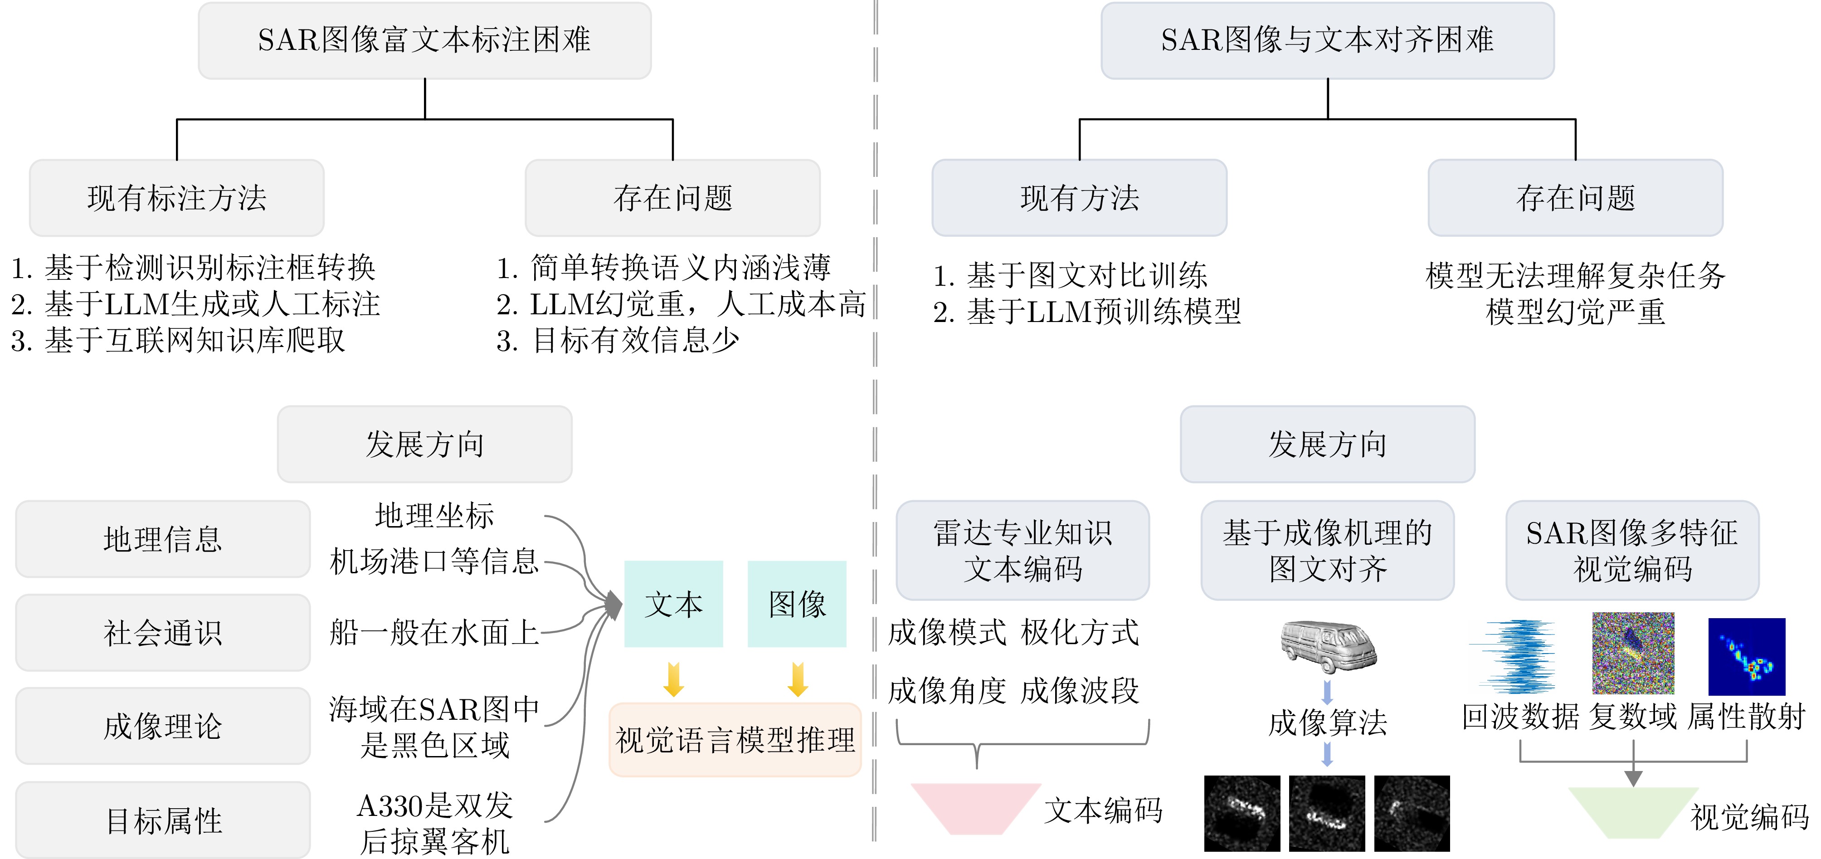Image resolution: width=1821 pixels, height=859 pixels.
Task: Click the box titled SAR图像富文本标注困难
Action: click(x=424, y=40)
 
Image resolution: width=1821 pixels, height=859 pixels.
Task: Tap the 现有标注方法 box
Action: click(x=177, y=198)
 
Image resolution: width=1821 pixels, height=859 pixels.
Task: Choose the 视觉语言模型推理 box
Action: click(x=735, y=740)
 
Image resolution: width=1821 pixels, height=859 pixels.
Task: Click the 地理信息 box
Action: click(x=163, y=539)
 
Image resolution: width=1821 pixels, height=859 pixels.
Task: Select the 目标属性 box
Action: click(x=163, y=820)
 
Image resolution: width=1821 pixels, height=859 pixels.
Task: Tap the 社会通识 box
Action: click(x=163, y=633)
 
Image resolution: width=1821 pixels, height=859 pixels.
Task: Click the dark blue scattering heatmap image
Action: click(x=1746, y=657)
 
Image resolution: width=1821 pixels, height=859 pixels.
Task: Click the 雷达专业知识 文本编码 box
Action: click(x=1022, y=551)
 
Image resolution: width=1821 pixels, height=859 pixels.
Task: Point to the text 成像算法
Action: click(x=1328, y=722)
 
